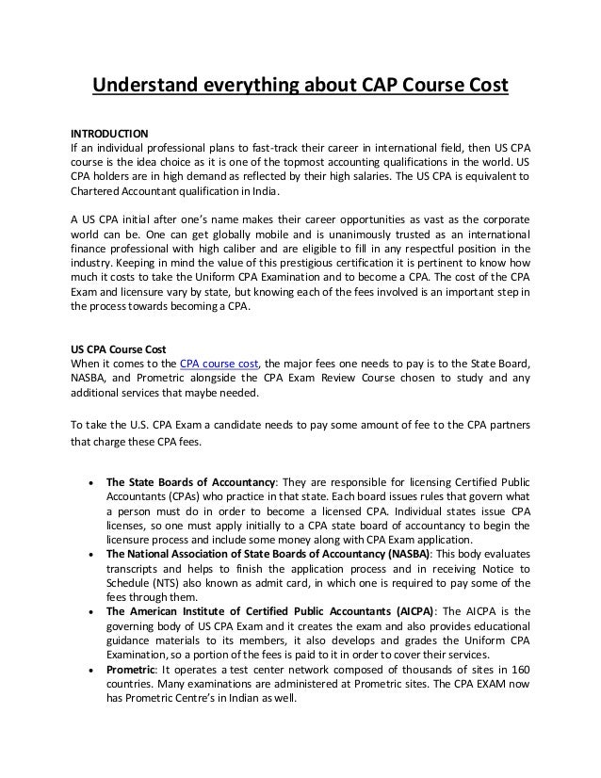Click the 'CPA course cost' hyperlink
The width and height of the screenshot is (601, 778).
219,363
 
